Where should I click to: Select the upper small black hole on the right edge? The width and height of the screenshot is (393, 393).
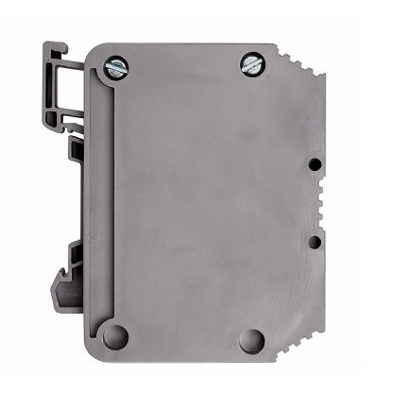314,163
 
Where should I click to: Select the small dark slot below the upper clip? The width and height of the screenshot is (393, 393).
73,148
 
